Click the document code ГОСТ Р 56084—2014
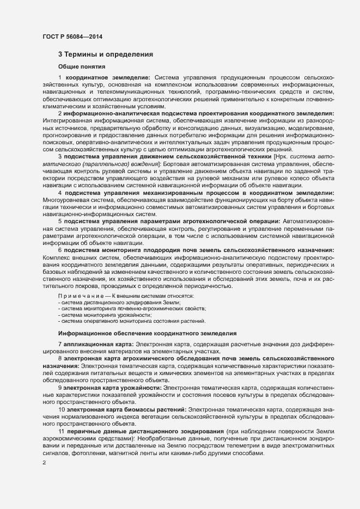point(72,36)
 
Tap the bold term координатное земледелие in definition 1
point(109,78)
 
